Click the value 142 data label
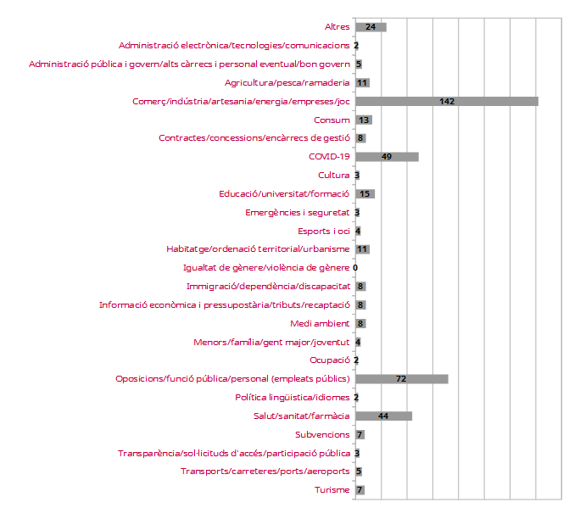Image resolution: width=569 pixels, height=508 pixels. point(447,102)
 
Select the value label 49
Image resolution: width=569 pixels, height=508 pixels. point(387,157)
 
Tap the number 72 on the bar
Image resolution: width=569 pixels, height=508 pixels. point(401,378)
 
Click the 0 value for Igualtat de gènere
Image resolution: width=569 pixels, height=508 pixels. point(355,268)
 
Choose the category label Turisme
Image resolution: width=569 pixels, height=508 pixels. point(332,489)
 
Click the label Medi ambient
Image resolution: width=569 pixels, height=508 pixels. point(320,323)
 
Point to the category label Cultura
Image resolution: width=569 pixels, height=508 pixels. point(334,176)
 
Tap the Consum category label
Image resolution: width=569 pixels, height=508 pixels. point(332,120)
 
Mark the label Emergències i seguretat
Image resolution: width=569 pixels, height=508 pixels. point(297,212)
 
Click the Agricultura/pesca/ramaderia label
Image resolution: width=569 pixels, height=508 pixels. point(287,83)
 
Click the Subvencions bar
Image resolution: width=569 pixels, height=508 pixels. point(360,434)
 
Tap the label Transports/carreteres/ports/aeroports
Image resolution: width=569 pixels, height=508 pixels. point(265,471)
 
